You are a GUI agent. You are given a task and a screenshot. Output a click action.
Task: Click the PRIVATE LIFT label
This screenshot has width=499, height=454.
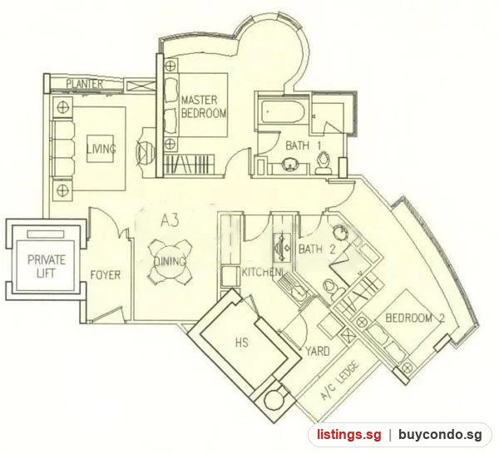[47, 267]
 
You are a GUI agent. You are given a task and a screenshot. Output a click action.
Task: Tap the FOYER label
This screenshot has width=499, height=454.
[106, 275]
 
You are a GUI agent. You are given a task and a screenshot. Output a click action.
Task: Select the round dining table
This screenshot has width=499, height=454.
[170, 262]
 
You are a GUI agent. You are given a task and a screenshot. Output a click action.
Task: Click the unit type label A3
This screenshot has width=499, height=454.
[170, 220]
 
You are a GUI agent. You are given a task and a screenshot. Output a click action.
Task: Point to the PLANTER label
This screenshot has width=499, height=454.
[85, 84]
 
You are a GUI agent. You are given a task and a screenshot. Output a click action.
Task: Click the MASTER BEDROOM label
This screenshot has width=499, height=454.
[204, 106]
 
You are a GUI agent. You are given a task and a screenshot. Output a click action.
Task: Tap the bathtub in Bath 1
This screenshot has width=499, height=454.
[281, 111]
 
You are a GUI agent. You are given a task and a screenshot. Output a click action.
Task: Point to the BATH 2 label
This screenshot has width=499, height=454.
[317, 249]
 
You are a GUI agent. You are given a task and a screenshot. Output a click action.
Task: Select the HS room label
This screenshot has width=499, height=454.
[242, 343]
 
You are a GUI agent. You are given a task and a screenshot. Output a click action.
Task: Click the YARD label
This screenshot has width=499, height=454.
[318, 351]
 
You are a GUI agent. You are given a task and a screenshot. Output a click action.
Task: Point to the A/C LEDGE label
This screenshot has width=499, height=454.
[340, 380]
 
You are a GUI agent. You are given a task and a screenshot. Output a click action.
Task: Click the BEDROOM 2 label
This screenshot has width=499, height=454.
[415, 318]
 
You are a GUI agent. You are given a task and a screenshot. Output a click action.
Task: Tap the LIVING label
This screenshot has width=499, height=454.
[101, 149]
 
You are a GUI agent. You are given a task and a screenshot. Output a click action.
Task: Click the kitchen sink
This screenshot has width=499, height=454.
[281, 247]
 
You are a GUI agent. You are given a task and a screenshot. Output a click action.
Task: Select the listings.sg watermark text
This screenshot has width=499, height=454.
[348, 435]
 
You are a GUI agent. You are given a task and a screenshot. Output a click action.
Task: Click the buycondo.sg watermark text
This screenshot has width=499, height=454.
[440, 435]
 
